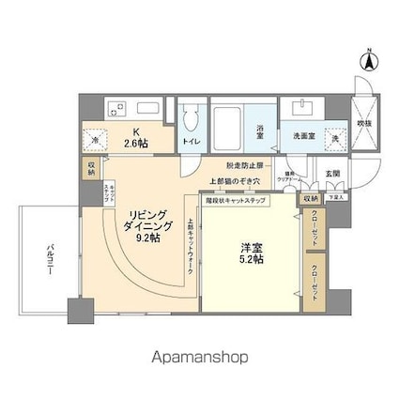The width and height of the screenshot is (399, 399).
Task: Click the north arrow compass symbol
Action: (370, 61)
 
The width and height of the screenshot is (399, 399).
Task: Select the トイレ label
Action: (191, 142)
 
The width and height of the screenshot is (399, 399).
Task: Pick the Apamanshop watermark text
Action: (200, 357)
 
